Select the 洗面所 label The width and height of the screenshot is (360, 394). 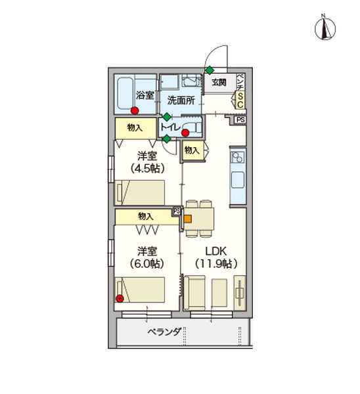180,100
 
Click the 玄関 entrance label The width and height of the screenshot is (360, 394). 218,82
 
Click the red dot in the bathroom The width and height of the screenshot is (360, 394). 135,111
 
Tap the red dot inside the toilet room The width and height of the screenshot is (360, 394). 185,133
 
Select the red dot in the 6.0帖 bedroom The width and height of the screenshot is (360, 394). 120,299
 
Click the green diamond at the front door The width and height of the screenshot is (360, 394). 209,70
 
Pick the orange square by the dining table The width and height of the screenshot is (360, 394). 187,219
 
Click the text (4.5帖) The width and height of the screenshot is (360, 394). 146,168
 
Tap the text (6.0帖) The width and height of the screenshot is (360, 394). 146,263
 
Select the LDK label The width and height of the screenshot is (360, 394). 215,251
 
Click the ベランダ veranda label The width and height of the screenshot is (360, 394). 164,332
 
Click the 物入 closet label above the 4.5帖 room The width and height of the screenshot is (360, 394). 135,128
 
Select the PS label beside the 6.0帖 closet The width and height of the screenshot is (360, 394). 176,211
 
